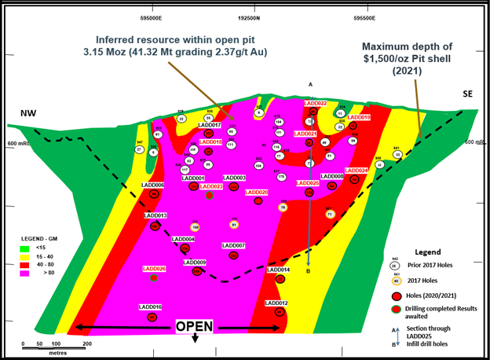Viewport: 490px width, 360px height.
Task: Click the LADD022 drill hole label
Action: [315, 103]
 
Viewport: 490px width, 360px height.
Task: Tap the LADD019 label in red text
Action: [359, 117]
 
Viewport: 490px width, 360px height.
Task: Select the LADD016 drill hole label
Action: [151, 307]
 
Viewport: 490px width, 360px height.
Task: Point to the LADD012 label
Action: [276, 303]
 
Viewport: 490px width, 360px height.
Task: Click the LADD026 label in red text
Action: [154, 268]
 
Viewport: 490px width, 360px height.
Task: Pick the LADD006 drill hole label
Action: [152, 185]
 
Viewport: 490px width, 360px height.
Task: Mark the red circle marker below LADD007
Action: [233, 255]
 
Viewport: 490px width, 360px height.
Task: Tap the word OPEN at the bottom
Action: [193, 326]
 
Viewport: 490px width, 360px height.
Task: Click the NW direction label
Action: [29, 115]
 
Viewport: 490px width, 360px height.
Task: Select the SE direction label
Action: [468, 94]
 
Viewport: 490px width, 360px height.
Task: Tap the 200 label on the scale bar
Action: [87, 343]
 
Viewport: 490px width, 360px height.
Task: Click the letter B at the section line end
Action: [309, 272]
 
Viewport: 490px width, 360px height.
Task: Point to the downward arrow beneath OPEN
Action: [194, 339]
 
